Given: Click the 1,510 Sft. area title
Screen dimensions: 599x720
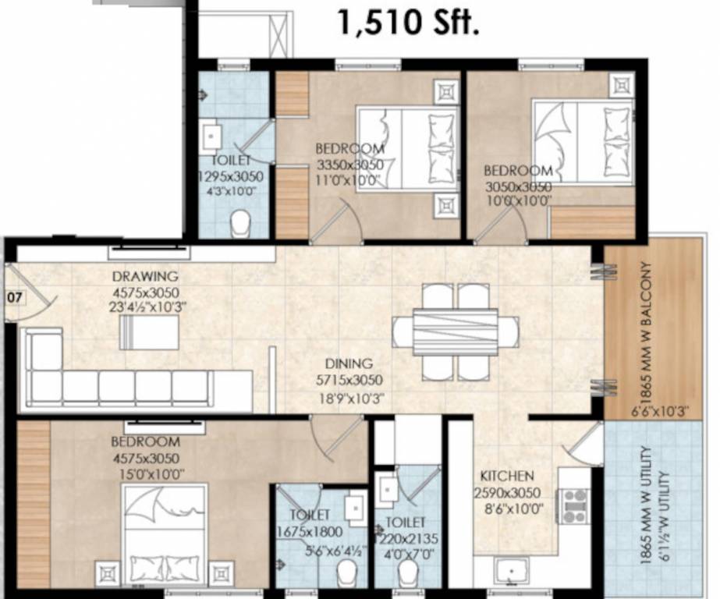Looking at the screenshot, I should [x=408, y=22].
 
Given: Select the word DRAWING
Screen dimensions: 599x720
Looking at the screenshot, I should [x=144, y=276].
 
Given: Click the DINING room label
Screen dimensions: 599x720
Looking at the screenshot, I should [x=349, y=363].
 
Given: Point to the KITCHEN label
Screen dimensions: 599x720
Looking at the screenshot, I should [x=507, y=476].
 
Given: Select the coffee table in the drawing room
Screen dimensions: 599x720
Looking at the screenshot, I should [x=148, y=331].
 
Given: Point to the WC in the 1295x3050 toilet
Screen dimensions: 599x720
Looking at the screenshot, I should [x=241, y=223].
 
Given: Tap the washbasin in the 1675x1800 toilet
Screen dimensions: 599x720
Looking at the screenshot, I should [x=355, y=508].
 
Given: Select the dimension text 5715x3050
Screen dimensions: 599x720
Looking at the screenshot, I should [x=349, y=381].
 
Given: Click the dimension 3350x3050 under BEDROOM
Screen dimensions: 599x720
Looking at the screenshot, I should [x=349, y=165].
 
